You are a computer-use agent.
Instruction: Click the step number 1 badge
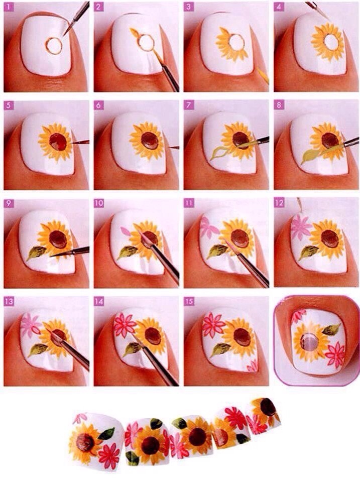9,7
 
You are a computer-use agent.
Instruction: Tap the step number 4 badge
279,7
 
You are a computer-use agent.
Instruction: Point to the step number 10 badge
99,203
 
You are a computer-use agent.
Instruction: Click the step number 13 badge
9,301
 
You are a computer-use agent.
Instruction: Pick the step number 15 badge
189,301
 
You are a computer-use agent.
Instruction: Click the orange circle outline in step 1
54,46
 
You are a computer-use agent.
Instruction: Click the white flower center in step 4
330,42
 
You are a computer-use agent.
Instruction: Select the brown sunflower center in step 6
149,141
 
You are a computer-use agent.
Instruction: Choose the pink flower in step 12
301,227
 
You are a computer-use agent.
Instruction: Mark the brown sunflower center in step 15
242,336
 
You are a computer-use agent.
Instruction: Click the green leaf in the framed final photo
331,329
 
